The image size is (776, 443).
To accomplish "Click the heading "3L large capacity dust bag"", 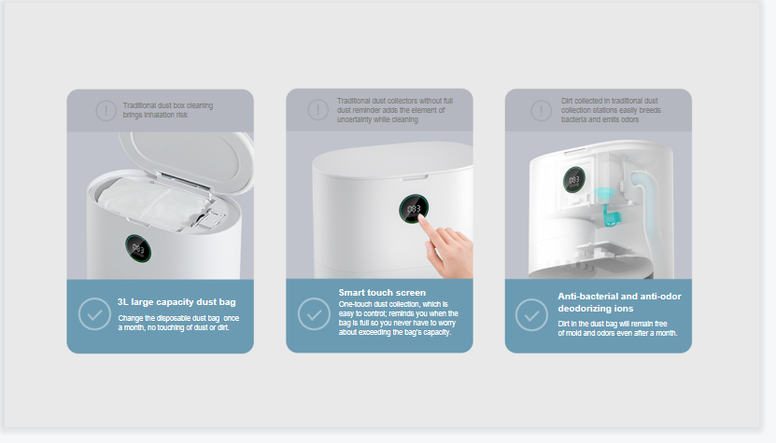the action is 176,302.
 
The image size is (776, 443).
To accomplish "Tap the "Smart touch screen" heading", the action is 382,293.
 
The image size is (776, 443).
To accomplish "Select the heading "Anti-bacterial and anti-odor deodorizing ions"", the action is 620,302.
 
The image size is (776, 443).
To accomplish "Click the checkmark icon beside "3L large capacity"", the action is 94,314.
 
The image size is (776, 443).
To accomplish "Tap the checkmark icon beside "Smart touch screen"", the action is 314,314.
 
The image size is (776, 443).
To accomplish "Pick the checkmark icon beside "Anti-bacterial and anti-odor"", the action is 531,314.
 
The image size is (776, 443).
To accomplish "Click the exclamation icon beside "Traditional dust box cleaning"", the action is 106,110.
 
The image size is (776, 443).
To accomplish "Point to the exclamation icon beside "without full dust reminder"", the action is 318,110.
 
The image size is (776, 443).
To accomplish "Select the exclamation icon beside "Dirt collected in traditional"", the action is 542,110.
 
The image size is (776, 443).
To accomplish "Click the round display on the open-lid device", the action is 138,249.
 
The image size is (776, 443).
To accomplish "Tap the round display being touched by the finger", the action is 414,209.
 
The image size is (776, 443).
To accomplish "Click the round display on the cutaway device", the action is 574,179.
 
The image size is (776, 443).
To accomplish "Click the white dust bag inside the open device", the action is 154,203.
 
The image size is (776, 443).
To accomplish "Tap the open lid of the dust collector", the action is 187,161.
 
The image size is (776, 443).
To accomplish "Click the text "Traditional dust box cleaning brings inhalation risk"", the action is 168,110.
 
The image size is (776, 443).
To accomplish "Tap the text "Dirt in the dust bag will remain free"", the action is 613,324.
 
